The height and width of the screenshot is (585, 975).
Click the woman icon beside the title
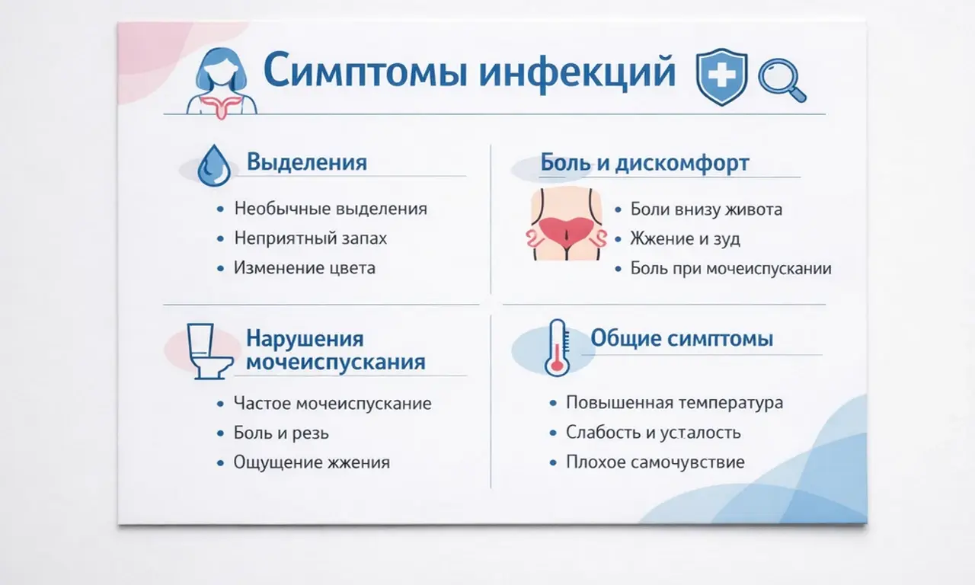click(222, 82)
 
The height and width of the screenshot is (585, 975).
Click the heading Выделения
click(307, 162)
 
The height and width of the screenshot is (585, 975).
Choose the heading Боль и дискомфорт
click(644, 163)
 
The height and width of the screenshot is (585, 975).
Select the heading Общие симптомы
click(682, 338)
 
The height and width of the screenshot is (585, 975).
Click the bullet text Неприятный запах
click(310, 238)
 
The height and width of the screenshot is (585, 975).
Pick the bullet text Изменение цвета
click(305, 268)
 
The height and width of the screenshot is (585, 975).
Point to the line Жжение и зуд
click(685, 239)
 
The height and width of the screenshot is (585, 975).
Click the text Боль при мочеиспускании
click(730, 269)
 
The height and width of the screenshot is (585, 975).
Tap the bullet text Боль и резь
click(282, 433)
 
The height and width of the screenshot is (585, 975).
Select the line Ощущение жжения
click(312, 462)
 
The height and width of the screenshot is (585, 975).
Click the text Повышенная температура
click(674, 403)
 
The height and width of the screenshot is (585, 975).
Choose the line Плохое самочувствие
click(655, 462)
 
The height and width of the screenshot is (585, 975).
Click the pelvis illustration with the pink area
click(567, 225)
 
